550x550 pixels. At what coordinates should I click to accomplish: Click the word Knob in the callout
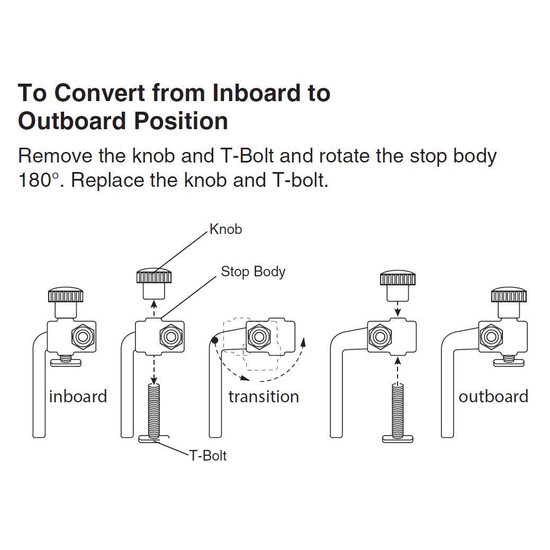point(226,229)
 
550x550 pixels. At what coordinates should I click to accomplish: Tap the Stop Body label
point(253,272)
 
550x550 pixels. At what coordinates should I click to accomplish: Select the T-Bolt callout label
point(208,456)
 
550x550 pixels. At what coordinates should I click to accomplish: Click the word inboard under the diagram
point(78,396)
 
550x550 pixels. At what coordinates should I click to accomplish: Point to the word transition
point(264,396)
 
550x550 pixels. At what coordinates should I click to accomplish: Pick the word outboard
point(493,396)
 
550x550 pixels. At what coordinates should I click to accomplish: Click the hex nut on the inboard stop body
point(83,337)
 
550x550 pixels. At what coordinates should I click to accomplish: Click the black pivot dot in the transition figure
point(215,340)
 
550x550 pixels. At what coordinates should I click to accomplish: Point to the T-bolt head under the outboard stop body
point(509,361)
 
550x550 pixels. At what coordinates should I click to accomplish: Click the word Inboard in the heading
point(256,93)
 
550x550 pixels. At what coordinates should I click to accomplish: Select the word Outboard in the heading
point(72,121)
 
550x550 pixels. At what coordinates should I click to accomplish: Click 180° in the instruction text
point(39,181)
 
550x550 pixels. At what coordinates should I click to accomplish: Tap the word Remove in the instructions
point(55,156)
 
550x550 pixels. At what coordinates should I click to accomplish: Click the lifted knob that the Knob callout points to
point(154,284)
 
